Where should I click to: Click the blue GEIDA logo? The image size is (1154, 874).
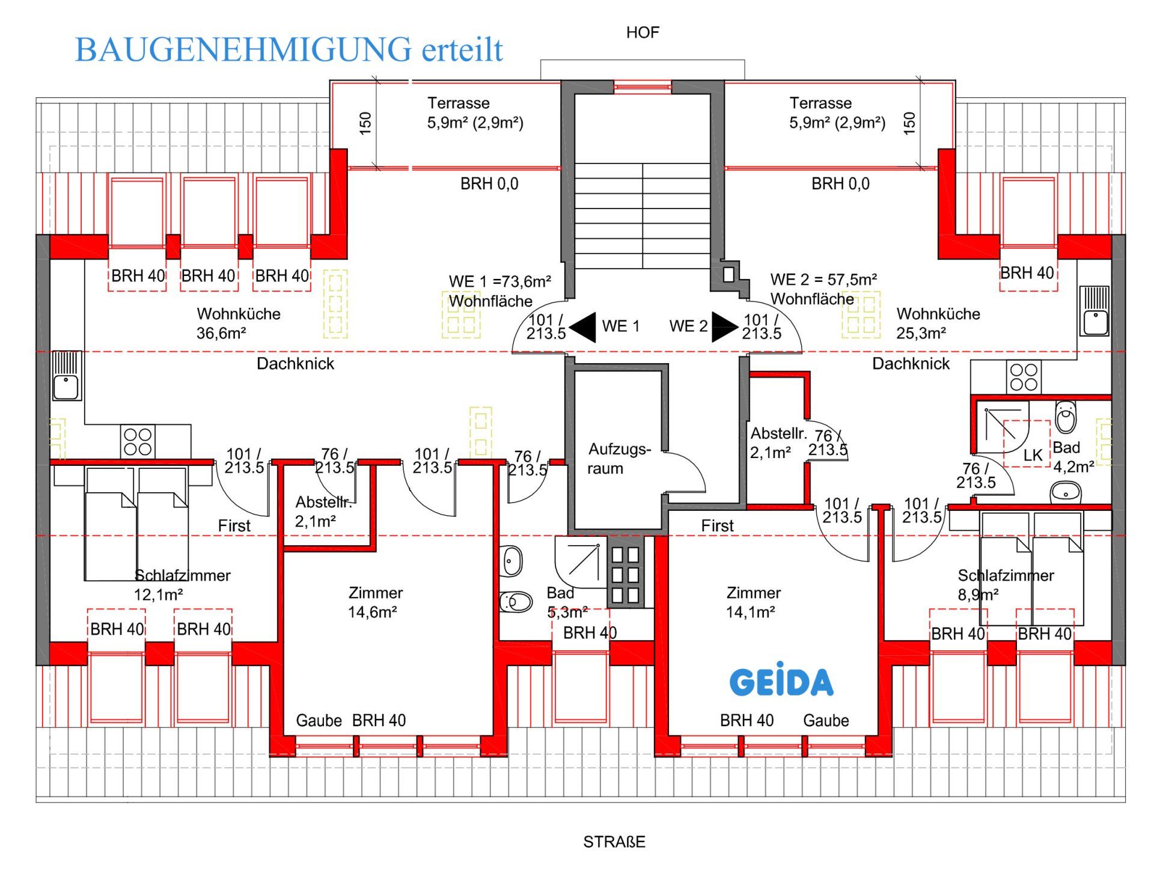(x=781, y=680)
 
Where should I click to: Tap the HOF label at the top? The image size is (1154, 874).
(x=642, y=32)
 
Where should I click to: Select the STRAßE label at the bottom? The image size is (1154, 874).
(x=614, y=842)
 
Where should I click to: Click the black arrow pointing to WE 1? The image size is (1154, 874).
(x=584, y=327)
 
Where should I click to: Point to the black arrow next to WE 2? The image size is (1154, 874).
(x=724, y=326)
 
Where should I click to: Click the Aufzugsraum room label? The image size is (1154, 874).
(x=618, y=459)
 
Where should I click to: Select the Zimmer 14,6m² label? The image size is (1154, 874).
(x=374, y=602)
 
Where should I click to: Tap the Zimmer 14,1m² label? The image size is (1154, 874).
(x=753, y=602)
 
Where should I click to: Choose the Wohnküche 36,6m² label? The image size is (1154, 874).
(x=238, y=323)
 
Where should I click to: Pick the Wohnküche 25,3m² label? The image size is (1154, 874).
(x=937, y=323)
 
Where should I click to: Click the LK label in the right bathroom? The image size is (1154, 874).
(x=1032, y=455)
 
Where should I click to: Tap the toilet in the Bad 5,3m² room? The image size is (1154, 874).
(x=516, y=602)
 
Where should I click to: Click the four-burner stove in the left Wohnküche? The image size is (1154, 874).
(x=138, y=442)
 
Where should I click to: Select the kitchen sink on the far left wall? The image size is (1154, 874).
(x=66, y=376)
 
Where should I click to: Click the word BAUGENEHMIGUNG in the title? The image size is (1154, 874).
(x=243, y=50)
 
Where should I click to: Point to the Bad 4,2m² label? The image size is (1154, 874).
(x=1072, y=457)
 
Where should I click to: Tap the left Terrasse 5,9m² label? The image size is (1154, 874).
(x=474, y=113)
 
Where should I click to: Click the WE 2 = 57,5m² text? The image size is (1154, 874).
(x=823, y=280)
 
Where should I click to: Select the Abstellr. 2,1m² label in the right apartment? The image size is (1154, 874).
(x=777, y=442)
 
